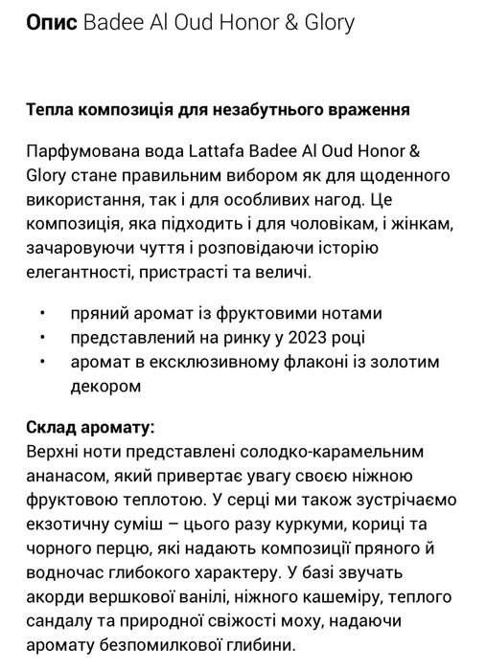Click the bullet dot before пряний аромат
click(43, 314)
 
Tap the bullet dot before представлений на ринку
click(43, 338)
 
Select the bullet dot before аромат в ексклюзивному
click(43, 363)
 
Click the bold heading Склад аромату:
click(90, 425)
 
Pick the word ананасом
click(64, 475)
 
